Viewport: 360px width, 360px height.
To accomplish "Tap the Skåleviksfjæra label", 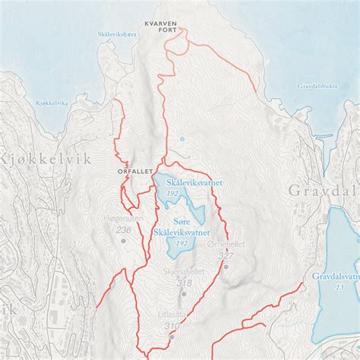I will coord(117,34).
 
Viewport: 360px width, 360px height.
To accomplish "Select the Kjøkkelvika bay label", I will coord(30,102).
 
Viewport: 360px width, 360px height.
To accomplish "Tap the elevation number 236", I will coord(125,230).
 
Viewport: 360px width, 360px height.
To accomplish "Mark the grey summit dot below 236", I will coord(125,241).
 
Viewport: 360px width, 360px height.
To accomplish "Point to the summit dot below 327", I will coord(225,267).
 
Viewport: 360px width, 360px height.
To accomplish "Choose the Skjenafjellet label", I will coord(183,271).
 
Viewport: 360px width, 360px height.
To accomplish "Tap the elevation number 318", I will coord(183,283).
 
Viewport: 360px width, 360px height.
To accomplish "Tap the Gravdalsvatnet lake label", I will coord(335,276).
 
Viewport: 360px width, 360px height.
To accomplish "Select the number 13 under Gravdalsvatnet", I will coord(339,287).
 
